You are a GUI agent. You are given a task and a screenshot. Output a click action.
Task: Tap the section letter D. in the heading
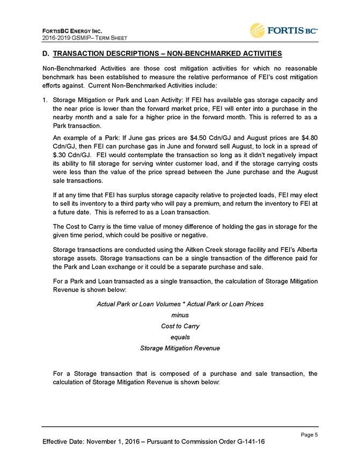45,54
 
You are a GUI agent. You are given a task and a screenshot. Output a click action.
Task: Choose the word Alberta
304,250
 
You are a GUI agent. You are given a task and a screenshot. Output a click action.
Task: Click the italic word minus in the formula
180,315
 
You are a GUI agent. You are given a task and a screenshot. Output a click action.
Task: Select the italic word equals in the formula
180,337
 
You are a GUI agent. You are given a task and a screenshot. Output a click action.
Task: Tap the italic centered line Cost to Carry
180,326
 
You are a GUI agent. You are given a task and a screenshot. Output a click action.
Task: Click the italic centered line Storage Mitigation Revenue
180,348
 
